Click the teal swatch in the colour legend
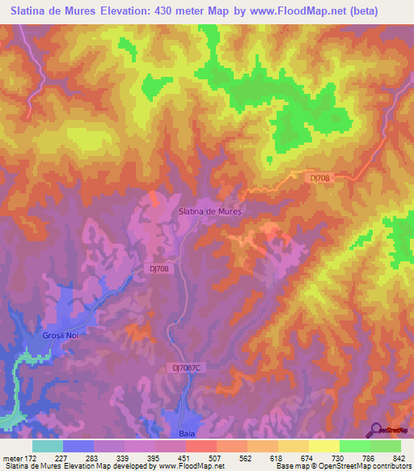(48, 446)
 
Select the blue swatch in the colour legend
(78, 446)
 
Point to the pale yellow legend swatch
(324, 446)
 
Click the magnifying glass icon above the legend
(374, 430)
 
